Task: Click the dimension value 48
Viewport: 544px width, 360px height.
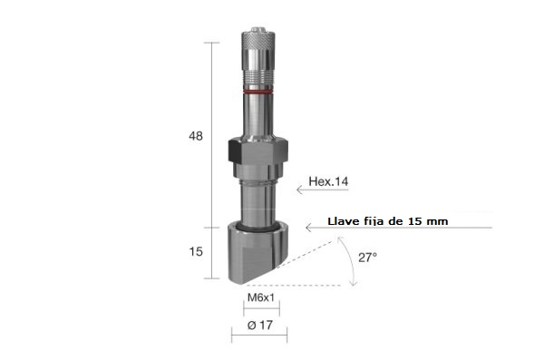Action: click(x=196, y=136)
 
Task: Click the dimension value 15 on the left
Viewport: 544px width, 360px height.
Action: click(x=196, y=251)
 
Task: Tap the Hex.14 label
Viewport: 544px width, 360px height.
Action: click(x=328, y=181)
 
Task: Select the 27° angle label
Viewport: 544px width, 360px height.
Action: click(x=368, y=258)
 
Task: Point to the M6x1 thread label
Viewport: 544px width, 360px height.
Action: click(x=261, y=297)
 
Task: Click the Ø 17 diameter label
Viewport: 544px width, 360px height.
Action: click(x=260, y=326)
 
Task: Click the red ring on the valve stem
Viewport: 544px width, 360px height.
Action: click(x=257, y=92)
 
